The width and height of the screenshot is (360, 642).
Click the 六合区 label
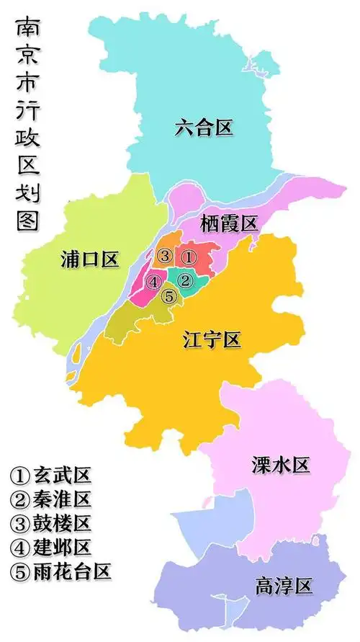point(204,128)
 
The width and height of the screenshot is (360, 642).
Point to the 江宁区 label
point(212,339)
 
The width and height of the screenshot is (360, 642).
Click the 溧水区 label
point(281,465)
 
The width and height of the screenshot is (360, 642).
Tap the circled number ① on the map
point(187,256)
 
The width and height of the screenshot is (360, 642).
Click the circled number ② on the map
point(185,280)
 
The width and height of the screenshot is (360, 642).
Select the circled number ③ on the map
point(165,256)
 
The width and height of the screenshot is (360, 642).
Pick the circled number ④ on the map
point(153,282)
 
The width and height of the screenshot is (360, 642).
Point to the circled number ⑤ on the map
point(168,295)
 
